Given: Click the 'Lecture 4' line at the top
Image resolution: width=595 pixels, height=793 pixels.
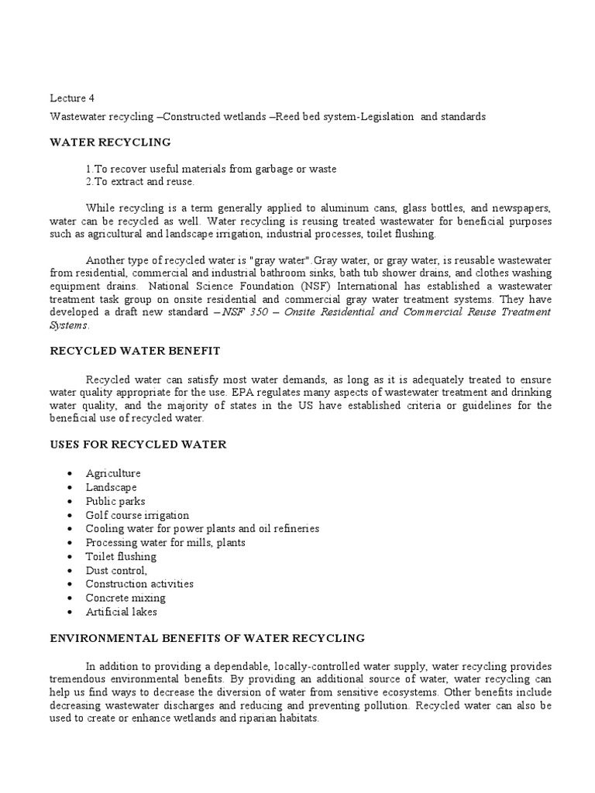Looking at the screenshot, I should (72, 98).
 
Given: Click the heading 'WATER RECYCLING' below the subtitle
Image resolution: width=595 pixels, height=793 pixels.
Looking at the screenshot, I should (110, 142).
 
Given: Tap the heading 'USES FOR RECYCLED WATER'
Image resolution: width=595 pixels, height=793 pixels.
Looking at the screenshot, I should (138, 445).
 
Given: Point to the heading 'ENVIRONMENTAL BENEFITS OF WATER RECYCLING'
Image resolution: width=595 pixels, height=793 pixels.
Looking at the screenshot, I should (207, 638).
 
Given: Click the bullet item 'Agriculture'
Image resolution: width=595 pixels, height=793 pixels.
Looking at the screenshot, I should (113, 473).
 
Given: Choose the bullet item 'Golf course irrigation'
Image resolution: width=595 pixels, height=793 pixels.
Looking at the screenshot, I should (137, 515).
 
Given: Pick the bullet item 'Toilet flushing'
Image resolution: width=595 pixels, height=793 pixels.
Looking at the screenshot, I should (121, 556).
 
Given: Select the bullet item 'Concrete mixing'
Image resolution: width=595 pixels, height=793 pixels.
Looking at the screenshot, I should (126, 598).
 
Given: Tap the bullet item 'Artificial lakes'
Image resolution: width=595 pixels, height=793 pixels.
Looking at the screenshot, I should (121, 612).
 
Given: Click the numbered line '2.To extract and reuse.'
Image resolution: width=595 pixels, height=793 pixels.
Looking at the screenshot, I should (140, 182).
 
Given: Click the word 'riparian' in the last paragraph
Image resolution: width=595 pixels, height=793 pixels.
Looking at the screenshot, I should (241, 718).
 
